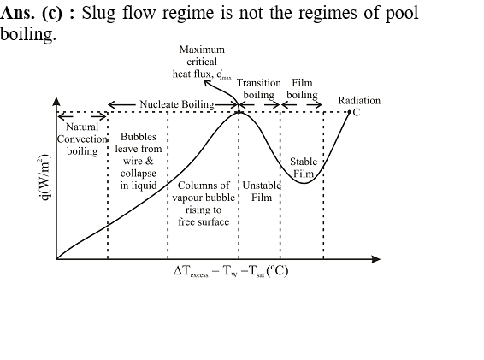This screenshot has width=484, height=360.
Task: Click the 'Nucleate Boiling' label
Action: (x=177, y=104)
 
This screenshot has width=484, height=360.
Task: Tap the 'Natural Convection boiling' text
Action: (x=82, y=139)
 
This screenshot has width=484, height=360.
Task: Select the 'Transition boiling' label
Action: (x=259, y=89)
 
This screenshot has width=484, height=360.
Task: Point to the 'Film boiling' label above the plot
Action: (x=302, y=89)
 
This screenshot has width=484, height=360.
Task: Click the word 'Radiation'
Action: (x=359, y=101)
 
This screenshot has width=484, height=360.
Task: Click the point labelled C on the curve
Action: (x=350, y=112)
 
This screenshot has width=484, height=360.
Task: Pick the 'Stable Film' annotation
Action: (x=304, y=168)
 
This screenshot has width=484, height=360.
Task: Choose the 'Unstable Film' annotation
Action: (x=262, y=192)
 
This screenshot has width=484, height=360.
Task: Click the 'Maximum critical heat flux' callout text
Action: (x=202, y=62)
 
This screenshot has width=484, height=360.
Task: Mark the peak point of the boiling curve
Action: (x=239, y=112)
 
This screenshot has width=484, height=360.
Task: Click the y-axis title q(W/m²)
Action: (x=44, y=177)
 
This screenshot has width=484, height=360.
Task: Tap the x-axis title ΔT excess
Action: (x=231, y=271)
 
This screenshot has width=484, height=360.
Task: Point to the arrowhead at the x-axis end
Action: (x=376, y=259)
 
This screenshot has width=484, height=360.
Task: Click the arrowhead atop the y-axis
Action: (x=56, y=102)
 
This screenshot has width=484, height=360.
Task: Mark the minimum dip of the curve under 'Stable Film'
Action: (x=304, y=183)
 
